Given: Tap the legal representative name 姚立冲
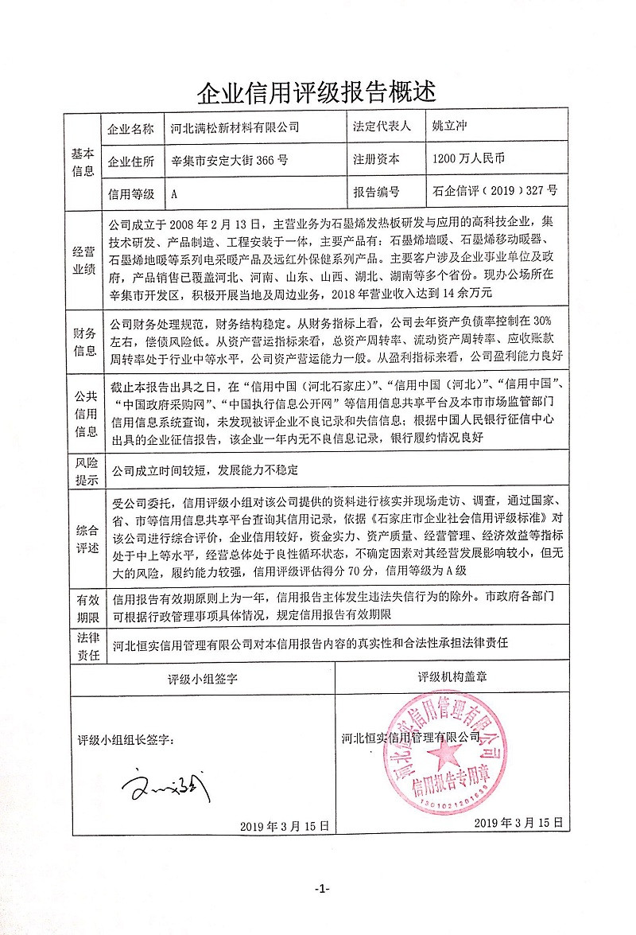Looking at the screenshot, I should pyautogui.click(x=449, y=127).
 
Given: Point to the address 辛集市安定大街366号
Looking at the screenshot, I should pyautogui.click(x=230, y=159).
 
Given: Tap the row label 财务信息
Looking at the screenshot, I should pyautogui.click(x=85, y=341).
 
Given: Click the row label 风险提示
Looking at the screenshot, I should pyautogui.click(x=85, y=470).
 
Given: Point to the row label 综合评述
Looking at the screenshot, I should pyautogui.click(x=85, y=540).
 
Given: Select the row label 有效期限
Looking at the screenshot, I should pyautogui.click(x=85, y=607).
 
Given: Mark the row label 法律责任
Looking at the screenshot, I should pyautogui.click(x=85, y=646).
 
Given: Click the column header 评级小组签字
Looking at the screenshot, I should pyautogui.click(x=204, y=679).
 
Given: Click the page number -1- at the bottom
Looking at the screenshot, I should pyautogui.click(x=321, y=889).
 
